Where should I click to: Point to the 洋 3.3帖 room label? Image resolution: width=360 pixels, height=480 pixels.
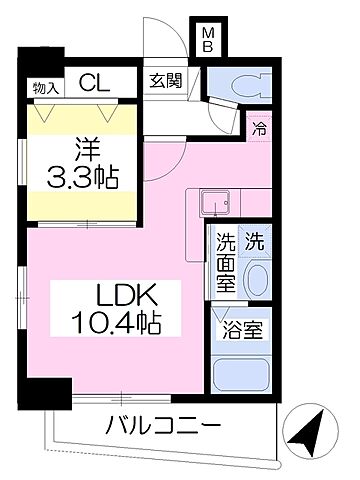click(83, 164)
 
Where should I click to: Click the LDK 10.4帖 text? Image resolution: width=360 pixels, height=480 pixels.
click(114, 309)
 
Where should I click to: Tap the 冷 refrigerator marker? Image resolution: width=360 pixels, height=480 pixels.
click(259, 129)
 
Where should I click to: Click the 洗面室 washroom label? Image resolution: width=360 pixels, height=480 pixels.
click(226, 263)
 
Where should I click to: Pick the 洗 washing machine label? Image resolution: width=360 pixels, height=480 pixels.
click(255, 240)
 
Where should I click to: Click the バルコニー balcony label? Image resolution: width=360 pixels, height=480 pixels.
click(163, 428)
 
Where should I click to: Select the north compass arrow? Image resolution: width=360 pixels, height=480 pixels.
click(311, 432)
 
